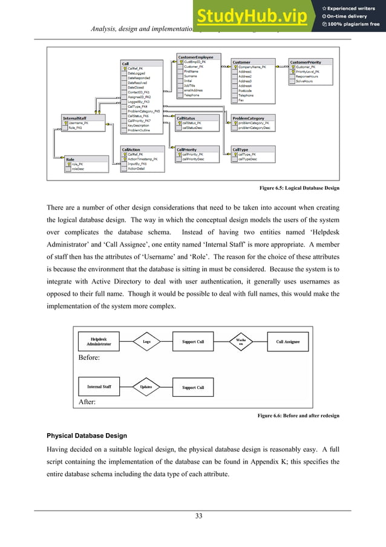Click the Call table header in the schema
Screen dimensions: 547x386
click(126, 64)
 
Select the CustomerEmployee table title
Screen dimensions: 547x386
click(195, 57)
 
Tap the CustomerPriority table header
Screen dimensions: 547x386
click(306, 62)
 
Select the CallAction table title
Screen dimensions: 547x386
click(132, 149)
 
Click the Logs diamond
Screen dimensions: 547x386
click(146, 342)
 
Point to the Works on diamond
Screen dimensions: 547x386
click(240, 342)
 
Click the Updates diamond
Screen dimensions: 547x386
click(146, 387)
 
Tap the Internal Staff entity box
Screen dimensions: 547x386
click(99, 386)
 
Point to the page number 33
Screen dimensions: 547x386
click(198, 516)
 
